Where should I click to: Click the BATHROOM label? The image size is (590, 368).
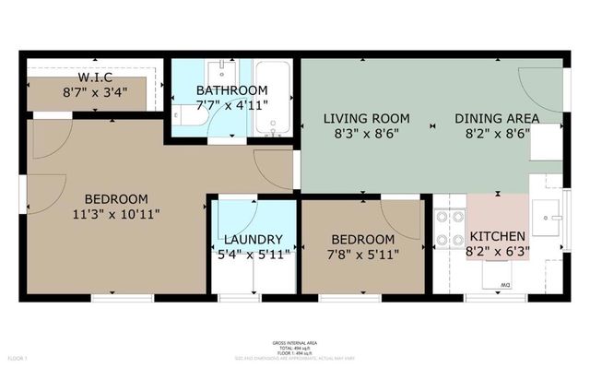231,89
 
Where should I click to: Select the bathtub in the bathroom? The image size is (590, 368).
272,99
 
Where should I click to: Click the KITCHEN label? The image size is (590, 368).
498,236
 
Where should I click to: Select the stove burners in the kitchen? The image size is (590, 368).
451,230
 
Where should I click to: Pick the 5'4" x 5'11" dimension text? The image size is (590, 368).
253,255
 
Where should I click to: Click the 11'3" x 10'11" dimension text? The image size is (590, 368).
117,215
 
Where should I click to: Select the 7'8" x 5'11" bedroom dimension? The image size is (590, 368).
363,255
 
